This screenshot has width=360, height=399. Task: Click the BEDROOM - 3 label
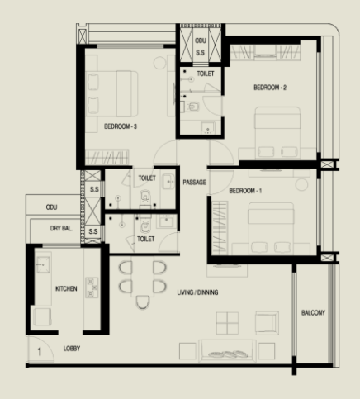point(121,126)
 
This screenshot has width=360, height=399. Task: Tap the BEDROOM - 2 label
point(270,88)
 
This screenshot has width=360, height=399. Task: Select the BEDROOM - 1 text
point(245,191)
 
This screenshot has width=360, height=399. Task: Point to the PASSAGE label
point(194,183)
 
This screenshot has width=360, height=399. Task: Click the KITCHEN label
point(66,288)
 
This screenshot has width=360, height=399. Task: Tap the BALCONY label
point(313,313)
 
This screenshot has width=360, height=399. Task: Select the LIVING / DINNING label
point(197,292)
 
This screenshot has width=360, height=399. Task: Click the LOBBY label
point(72,349)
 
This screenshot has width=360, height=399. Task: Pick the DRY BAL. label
point(61,228)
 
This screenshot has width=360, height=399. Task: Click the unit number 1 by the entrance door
point(40,352)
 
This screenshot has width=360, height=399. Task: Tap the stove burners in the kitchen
point(92,287)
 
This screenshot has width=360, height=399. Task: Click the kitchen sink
point(43,264)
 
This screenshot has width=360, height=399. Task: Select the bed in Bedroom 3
point(111,93)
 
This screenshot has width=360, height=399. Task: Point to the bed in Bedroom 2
point(277,133)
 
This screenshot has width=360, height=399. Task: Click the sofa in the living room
point(227,351)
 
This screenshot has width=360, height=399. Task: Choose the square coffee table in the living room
point(227,323)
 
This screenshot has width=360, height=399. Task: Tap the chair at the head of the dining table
point(143,302)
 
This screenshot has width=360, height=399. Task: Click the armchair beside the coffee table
point(267,323)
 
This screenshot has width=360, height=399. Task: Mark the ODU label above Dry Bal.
point(51,207)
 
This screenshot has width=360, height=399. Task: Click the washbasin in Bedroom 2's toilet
point(208,128)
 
